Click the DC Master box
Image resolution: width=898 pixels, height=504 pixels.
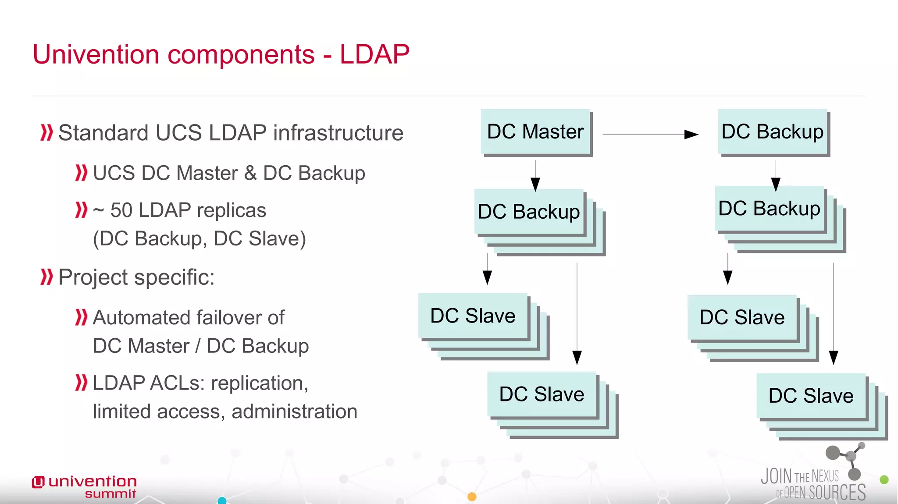tap(535, 131)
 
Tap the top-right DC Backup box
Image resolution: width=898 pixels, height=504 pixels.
tap(773, 131)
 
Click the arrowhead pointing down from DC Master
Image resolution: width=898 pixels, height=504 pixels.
tap(535, 184)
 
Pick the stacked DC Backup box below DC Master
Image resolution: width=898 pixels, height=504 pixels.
tap(529, 212)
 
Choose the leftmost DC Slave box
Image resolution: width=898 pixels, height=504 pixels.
tap(473, 316)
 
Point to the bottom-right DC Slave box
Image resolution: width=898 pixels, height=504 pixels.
tap(811, 396)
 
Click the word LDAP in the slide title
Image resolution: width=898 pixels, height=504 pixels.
tap(374, 54)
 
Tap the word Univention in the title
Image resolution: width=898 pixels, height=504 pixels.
tap(96, 54)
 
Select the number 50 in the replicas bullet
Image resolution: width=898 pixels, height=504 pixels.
tap(121, 210)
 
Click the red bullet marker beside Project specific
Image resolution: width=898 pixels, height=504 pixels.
tap(46, 277)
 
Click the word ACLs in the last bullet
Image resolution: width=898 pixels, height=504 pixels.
tap(177, 383)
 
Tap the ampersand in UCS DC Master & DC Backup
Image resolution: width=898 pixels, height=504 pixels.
tap(250, 173)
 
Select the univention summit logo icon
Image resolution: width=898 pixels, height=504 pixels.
tap(38, 482)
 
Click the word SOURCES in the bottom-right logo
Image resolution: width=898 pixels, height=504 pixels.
tap(837, 493)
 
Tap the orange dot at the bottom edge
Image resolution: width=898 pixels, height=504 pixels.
tap(472, 497)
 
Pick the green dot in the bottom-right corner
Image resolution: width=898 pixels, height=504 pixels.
tap(884, 479)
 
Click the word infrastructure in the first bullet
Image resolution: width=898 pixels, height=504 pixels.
tap(338, 133)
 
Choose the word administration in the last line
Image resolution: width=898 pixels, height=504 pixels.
tap(294, 412)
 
